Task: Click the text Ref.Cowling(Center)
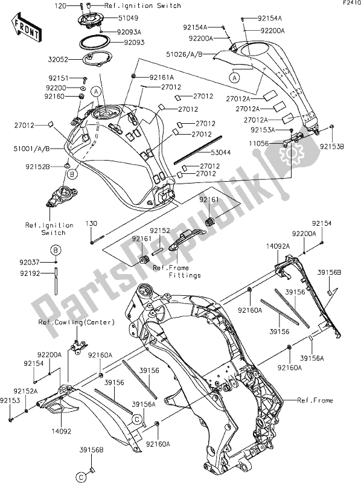point(76,322)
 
